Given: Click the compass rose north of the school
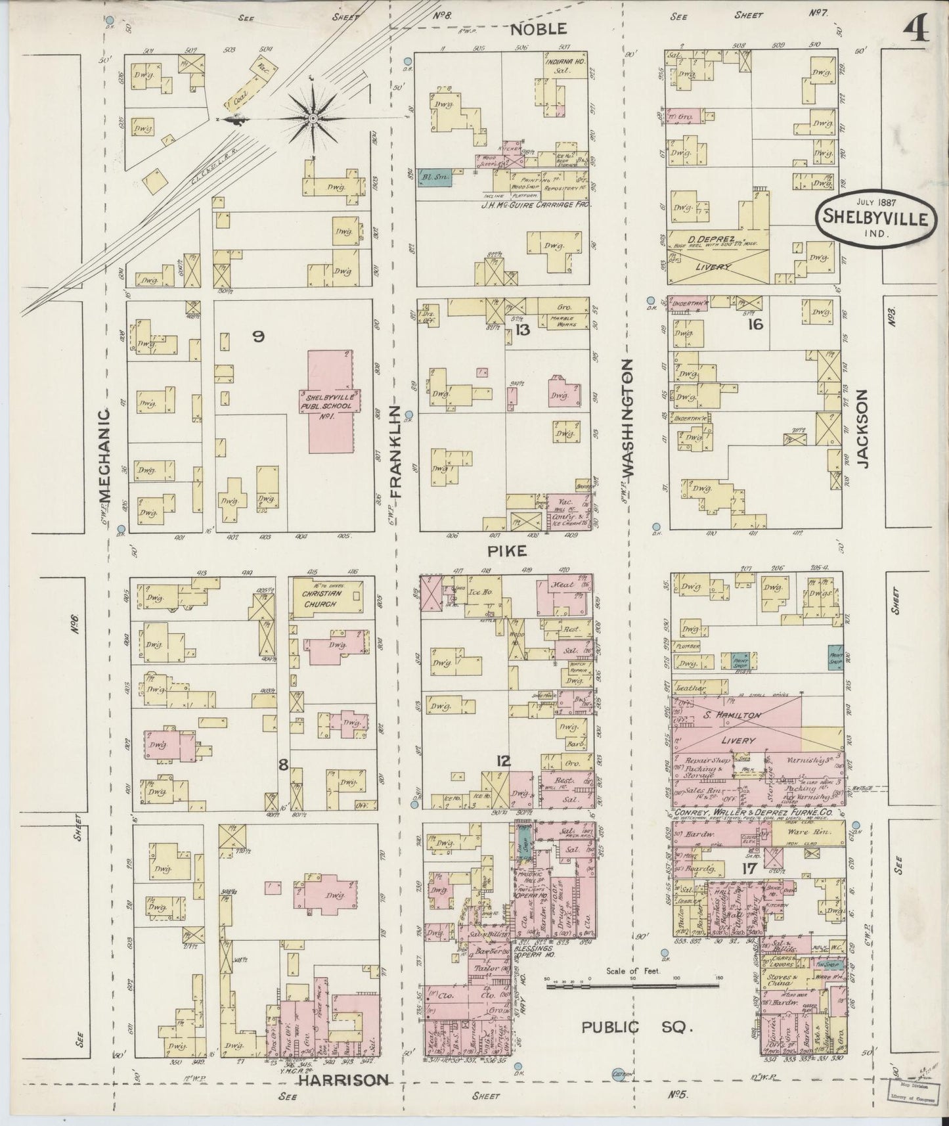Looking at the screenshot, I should point(313,118).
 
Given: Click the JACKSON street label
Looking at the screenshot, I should point(862,428).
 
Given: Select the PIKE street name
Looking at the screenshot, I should point(508,551).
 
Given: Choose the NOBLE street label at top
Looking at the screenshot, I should point(538,29).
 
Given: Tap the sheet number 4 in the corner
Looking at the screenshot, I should point(916,28).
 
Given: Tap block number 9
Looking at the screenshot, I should point(257,336).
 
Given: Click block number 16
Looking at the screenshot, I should point(755,323).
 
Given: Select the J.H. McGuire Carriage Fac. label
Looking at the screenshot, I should point(535,205).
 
